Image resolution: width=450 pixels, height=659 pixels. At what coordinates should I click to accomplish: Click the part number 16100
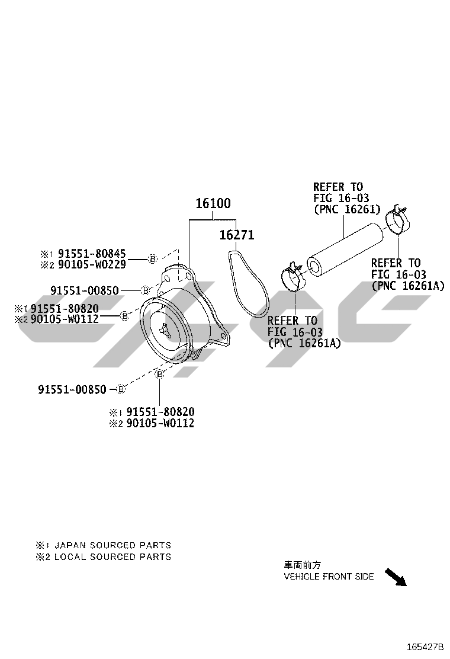click(x=213, y=204)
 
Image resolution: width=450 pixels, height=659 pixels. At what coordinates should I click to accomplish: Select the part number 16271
click(x=237, y=235)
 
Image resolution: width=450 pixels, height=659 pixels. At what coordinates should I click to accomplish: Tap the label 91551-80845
click(x=92, y=254)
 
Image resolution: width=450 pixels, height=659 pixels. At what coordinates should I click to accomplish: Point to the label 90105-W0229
click(x=92, y=265)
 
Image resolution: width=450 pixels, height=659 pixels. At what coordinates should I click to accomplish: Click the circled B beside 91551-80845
click(x=152, y=259)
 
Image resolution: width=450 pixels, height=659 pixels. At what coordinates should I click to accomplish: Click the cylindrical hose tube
click(x=343, y=248)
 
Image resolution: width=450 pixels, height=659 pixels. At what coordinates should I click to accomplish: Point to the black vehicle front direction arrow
click(x=396, y=577)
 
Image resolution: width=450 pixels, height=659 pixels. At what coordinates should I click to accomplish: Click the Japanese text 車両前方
click(x=303, y=565)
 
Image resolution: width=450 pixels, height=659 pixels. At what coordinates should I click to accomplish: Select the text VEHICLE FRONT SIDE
click(x=329, y=577)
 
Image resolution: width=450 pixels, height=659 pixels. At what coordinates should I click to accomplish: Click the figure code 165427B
click(x=424, y=647)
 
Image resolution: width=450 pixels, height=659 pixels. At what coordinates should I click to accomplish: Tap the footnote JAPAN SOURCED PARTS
click(x=112, y=545)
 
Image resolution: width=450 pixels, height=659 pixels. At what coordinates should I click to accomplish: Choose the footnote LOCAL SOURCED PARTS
click(x=112, y=557)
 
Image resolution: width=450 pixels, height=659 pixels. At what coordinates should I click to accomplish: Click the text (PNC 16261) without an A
click(x=346, y=210)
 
